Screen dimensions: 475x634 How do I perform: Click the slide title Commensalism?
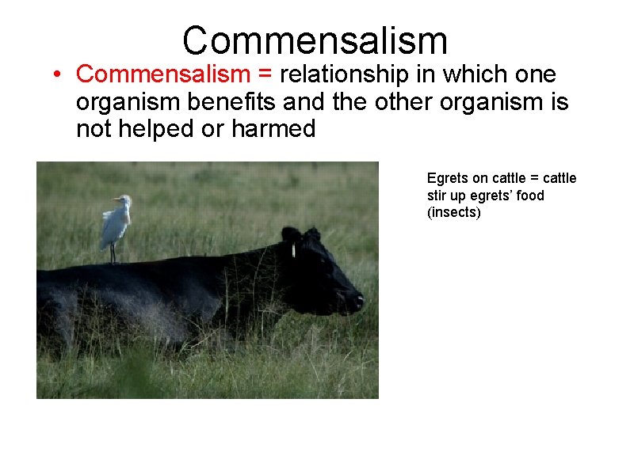click(315, 40)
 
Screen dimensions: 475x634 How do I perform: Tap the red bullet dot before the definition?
click(59, 75)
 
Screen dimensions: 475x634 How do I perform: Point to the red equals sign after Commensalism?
click(265, 75)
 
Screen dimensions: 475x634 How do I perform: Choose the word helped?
click(165, 129)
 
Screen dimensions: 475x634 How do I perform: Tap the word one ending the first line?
click(536, 75)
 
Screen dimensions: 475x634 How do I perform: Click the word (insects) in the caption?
click(454, 212)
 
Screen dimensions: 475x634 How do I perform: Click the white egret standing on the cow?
click(115, 223)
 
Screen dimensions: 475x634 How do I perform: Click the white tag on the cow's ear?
click(293, 250)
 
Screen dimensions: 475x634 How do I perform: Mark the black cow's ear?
click(291, 236)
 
